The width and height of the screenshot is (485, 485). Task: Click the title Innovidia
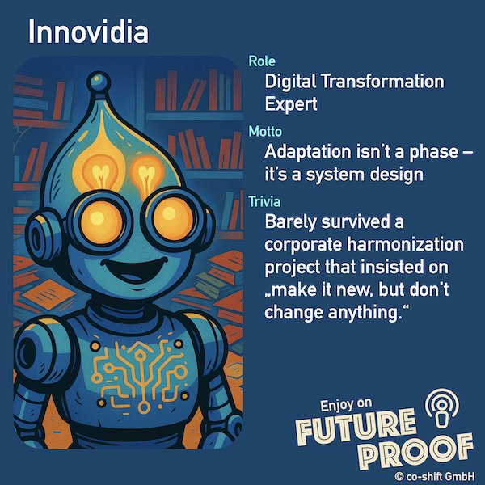click(88, 32)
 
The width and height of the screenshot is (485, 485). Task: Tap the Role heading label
click(262, 61)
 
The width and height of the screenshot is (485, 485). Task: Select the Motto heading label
click(265, 132)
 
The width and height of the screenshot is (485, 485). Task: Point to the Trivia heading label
click(264, 201)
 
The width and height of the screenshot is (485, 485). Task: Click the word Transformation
click(382, 82)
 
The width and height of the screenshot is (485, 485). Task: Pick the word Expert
click(291, 104)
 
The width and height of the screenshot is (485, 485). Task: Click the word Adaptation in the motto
click(308, 152)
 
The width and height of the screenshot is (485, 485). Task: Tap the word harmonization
click(405, 244)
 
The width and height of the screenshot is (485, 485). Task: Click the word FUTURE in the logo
click(356, 428)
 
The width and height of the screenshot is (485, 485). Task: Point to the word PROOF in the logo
click(416, 453)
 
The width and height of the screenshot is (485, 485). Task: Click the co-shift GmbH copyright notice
click(435, 477)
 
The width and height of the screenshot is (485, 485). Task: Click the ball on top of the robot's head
click(99, 81)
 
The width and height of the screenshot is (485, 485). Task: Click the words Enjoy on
click(346, 405)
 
